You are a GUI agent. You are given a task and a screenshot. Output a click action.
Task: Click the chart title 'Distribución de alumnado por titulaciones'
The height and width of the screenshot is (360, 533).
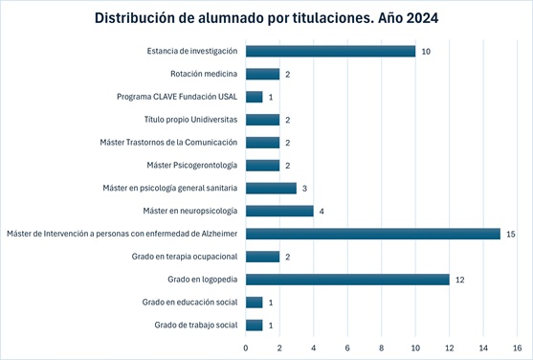[266, 18]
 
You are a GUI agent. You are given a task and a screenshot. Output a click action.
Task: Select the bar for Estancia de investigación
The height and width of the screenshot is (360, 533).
[330, 51]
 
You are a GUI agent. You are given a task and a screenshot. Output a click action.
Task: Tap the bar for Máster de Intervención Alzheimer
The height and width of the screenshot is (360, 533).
[372, 234]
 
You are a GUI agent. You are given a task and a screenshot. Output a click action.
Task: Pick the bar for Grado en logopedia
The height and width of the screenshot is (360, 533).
[347, 280]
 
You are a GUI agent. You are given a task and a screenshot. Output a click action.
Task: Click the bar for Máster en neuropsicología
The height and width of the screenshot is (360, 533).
[279, 211]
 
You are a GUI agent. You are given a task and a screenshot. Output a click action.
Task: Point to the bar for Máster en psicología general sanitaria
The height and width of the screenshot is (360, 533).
[271, 188]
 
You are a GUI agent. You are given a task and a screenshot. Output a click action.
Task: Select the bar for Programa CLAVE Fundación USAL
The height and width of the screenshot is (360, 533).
[254, 97]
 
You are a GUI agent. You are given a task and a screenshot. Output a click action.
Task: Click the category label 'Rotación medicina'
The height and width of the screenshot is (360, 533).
[204, 74]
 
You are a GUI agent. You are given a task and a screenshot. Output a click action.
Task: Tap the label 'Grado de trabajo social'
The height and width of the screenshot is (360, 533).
[195, 326]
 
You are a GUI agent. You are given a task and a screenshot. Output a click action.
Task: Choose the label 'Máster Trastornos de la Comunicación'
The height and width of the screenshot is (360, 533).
[168, 143]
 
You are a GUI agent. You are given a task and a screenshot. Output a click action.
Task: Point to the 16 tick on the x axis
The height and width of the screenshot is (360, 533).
[517, 347]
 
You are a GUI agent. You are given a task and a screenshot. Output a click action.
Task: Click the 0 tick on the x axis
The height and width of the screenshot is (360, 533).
[246, 347]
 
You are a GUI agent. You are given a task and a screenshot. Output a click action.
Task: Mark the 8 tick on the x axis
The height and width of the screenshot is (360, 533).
[381, 347]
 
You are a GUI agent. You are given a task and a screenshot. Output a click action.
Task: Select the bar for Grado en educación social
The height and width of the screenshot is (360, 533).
[254, 303]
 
